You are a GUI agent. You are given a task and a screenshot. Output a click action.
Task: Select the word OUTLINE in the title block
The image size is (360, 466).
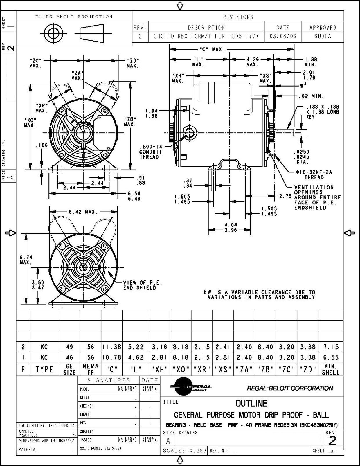click(x=251, y=403)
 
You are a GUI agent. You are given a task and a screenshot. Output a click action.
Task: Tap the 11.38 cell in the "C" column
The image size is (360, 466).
click(x=112, y=347)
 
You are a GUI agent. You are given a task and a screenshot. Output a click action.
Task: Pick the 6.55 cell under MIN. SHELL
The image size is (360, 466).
click(x=331, y=357)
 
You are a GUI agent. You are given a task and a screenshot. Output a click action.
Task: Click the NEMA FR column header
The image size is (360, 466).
click(x=90, y=369)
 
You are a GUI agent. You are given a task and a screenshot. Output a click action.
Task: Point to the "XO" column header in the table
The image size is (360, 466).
click(x=181, y=370)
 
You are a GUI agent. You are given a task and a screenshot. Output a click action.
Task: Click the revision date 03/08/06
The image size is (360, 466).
click(x=283, y=37)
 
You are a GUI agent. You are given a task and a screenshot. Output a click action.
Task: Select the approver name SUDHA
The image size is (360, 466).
click(x=323, y=37)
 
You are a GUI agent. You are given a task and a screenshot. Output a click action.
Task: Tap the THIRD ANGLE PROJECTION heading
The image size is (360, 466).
click(x=74, y=17)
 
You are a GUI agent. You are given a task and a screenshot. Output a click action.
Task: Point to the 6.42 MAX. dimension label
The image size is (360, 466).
click(x=83, y=212)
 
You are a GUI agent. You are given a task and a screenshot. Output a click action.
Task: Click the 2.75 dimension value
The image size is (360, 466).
click(x=285, y=196)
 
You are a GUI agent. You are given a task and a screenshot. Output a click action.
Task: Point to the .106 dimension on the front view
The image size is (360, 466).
click(x=42, y=145)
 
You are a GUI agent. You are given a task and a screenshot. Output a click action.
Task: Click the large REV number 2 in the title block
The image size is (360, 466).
click(x=332, y=441)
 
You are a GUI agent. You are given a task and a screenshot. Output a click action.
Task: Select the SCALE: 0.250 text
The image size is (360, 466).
click(x=184, y=451)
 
